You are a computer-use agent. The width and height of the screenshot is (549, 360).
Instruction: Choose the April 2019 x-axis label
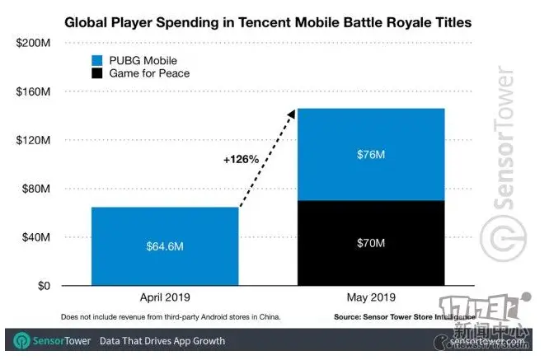click(165, 298)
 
